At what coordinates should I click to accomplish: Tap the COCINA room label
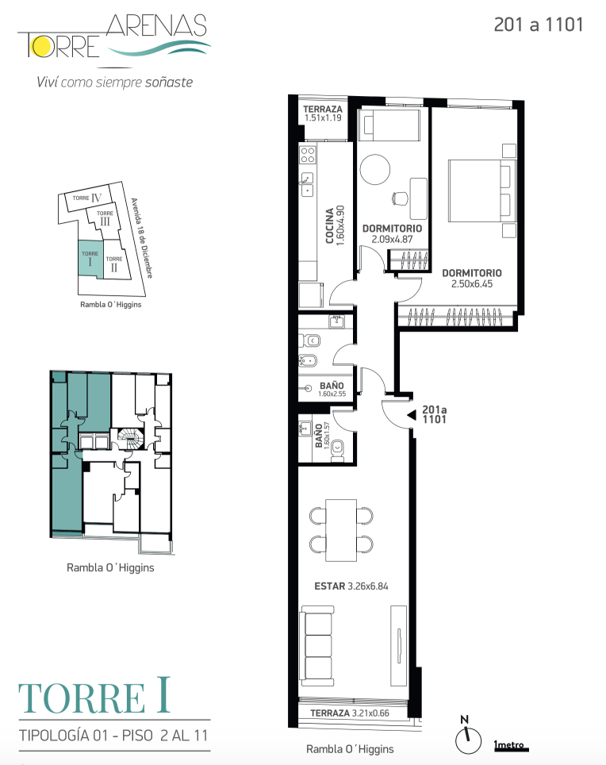(x=330, y=225)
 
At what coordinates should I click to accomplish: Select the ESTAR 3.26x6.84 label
(x=351, y=586)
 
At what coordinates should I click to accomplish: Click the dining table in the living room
(x=341, y=530)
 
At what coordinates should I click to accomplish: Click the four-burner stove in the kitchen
(x=307, y=155)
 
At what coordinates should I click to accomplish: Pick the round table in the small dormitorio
(x=375, y=169)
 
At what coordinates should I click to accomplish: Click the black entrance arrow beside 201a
(x=412, y=415)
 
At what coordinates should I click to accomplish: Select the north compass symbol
(x=468, y=736)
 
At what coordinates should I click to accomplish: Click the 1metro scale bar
(x=511, y=746)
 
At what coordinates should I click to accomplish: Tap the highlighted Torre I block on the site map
(x=90, y=259)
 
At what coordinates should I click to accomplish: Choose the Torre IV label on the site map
(x=87, y=198)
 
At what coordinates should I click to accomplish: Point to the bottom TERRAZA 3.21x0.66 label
(x=350, y=713)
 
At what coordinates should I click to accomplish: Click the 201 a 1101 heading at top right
(x=539, y=25)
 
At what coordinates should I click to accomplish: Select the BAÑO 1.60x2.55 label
(x=332, y=390)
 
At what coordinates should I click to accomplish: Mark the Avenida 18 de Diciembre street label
(x=141, y=238)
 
